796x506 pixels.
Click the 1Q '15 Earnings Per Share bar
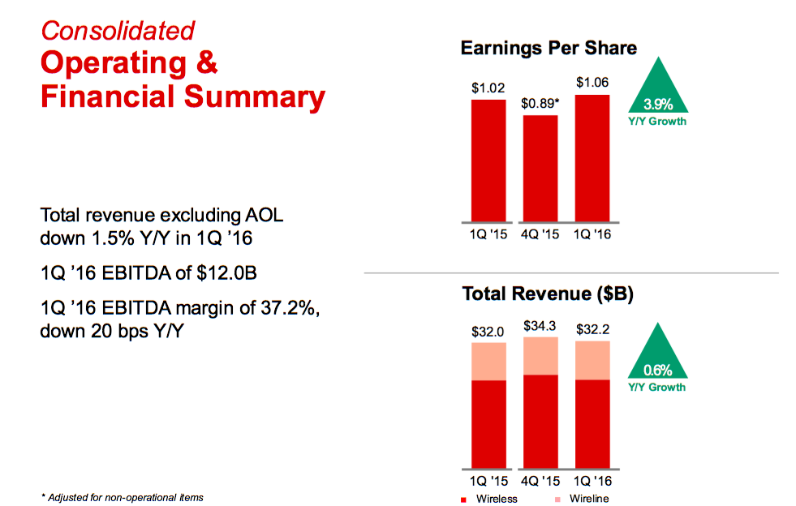coord(488,160)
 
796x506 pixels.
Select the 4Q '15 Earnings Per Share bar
coord(540,168)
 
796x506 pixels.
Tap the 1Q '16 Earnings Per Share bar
coord(592,158)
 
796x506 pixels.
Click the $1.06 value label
coord(592,83)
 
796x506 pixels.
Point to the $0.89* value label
coord(540,103)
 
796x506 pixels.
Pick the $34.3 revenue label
coord(540,326)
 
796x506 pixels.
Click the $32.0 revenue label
coord(488,331)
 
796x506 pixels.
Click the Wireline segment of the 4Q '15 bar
coord(540,355)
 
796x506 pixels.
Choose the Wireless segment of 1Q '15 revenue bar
coord(488,424)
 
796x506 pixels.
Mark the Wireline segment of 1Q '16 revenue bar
coord(592,360)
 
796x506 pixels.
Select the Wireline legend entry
coord(582,499)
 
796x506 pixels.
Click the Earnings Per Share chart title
coord(549,48)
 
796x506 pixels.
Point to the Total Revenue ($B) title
coord(548,294)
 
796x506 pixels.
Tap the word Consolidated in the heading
coord(118,31)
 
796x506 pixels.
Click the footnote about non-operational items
coord(122,497)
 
